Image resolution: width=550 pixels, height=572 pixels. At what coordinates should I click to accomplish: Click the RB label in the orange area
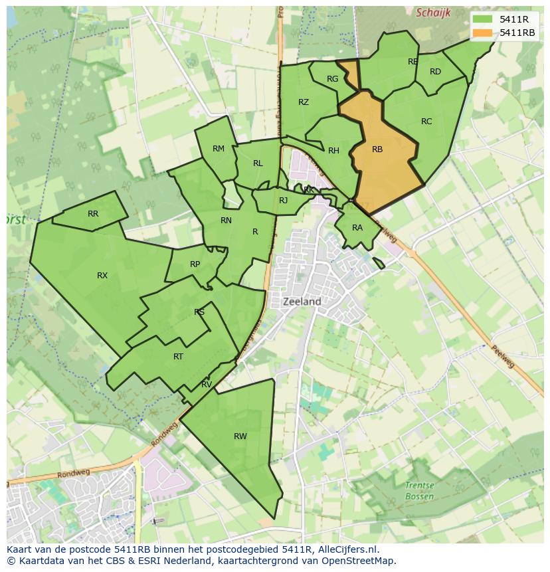tap(377, 149)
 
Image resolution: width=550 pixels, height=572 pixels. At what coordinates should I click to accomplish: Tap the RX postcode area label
tap(102, 276)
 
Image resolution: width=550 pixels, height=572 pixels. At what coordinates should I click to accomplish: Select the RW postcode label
tap(240, 436)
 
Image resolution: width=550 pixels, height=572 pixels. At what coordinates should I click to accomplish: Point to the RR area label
tap(93, 214)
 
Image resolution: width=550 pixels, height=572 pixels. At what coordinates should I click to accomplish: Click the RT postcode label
tap(178, 357)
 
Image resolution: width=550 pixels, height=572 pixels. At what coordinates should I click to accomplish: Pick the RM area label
tap(219, 149)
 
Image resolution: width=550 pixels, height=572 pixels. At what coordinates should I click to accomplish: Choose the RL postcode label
tap(258, 163)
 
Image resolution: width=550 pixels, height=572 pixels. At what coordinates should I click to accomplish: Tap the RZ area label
tap(304, 102)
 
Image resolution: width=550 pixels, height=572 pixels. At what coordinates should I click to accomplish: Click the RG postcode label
tap(333, 79)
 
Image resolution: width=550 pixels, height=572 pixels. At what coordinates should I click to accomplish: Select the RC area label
tap(426, 122)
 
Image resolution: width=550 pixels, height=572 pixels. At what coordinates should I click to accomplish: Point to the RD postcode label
tap(435, 72)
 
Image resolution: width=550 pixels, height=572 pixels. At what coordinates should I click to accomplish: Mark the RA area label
tap(357, 228)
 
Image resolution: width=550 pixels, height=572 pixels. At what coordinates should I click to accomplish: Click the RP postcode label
tap(195, 264)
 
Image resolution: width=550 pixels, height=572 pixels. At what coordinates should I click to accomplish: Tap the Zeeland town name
tap(302, 302)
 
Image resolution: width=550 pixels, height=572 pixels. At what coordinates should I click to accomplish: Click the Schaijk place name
tap(433, 13)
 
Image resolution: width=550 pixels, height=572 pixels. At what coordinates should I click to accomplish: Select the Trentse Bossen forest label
tap(419, 491)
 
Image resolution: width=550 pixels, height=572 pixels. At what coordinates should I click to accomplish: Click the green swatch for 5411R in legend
tap(483, 19)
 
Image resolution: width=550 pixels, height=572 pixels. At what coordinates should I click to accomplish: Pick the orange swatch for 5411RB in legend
tap(483, 33)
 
